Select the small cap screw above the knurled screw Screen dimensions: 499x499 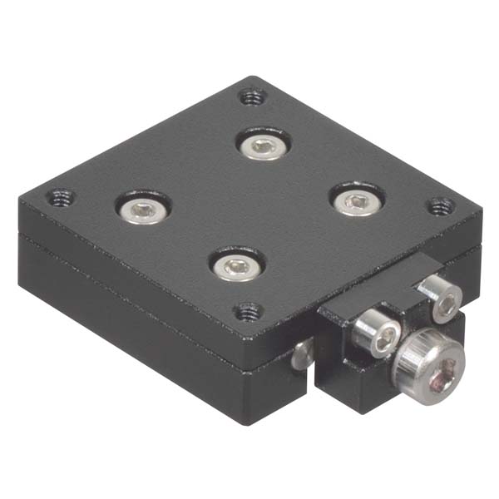coord(439,297)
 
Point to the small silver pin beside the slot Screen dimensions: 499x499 coord(302,355)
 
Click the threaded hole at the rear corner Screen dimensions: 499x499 coord(252,96)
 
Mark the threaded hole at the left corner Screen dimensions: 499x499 coord(60,198)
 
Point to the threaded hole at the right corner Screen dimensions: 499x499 coord(440,205)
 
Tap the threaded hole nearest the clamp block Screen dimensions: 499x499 coord(247,312)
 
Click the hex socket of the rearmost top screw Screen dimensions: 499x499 coord(262,146)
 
